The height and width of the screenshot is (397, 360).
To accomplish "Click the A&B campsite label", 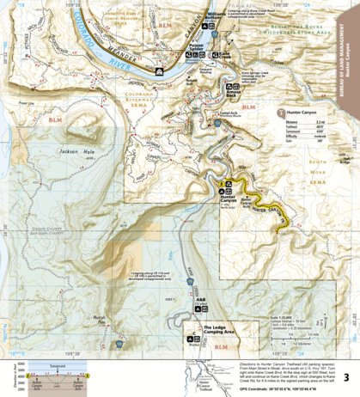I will pyautogui.click(x=200, y=303).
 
